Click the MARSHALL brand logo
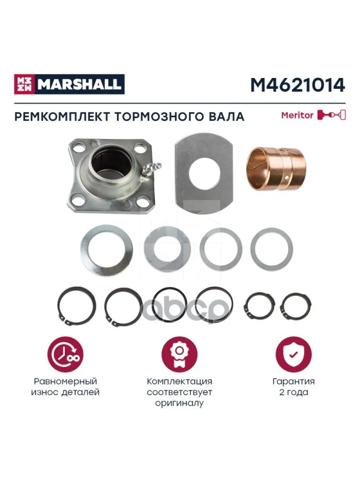pyautogui.click(x=69, y=84)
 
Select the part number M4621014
pyautogui.click(x=297, y=85)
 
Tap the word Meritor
pyautogui.click(x=297, y=115)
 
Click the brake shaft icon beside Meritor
pyautogui.click(x=331, y=115)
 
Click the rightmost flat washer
pyautogui.click(x=272, y=248)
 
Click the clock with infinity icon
pyautogui.click(x=65, y=352)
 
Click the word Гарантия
pyautogui.click(x=293, y=381)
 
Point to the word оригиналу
pyautogui.click(x=179, y=403)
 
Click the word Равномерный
pyautogui.click(x=65, y=381)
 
